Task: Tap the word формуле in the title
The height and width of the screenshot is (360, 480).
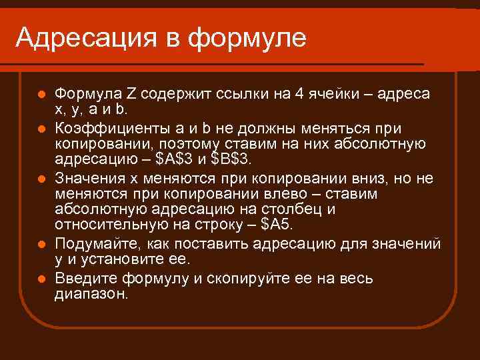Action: pyautogui.click(x=247, y=38)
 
